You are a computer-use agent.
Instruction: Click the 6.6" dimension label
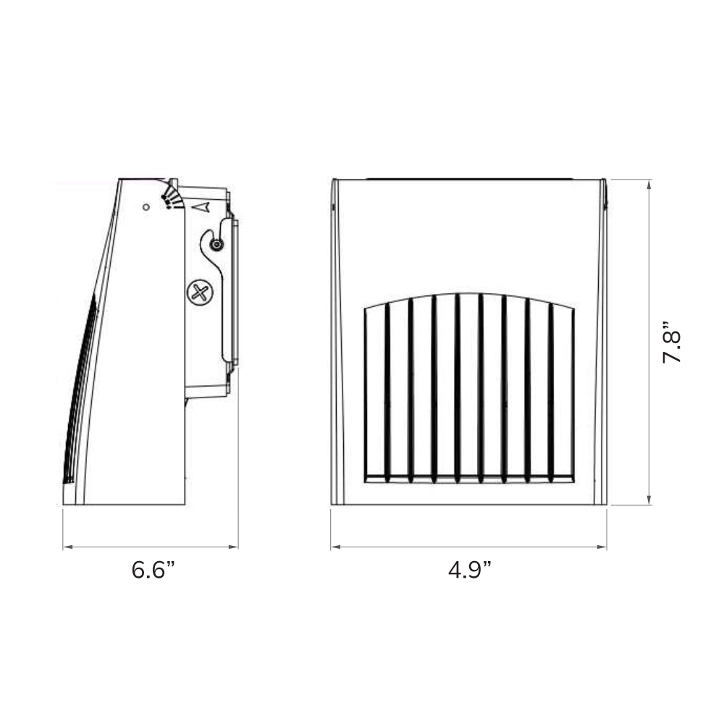tap(153, 570)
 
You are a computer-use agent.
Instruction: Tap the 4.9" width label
tap(469, 570)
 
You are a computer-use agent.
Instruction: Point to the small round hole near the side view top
tap(146, 207)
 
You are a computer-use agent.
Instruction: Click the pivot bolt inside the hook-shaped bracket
tap(215, 245)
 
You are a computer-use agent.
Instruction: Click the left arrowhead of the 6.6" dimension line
tap(67, 547)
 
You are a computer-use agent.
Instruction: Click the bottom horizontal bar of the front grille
tap(469, 478)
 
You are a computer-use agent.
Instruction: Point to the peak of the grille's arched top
tap(469, 294)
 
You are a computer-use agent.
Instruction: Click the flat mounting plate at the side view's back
tap(233, 290)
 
